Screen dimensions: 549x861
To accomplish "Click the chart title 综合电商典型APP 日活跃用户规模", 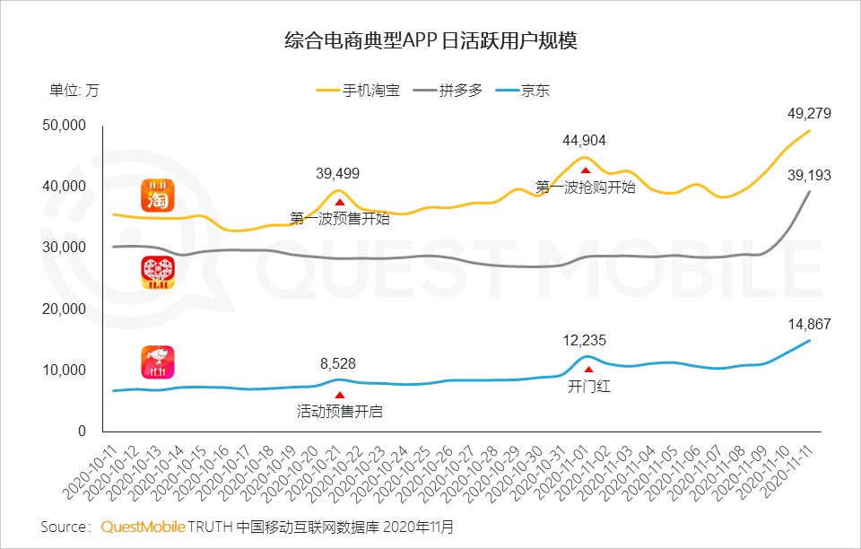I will pos(430,41).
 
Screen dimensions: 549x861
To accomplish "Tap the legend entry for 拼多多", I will pos(460,91).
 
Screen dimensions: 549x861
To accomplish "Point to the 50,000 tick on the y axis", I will pos(64,126).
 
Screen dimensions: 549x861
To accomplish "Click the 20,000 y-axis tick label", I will pos(64,309).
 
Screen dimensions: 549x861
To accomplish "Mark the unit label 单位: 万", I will pos(74,91).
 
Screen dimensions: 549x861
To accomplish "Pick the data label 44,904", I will pos(585,140).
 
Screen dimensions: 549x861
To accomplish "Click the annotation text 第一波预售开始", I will pos(340,217).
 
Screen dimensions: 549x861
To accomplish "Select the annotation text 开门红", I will pos(588,388).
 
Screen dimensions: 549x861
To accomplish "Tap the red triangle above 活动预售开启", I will pos(339,395).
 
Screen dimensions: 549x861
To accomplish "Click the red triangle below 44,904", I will pos(585,170).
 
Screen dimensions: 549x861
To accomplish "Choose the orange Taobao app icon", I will pos(158,196).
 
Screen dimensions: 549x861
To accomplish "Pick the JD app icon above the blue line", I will pos(157,362).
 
